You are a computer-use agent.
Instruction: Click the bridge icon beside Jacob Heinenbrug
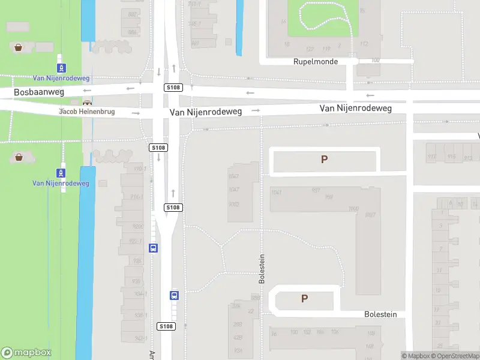[x=88, y=103]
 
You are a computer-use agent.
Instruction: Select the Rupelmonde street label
[x=316, y=62]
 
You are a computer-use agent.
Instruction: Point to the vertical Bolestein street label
[x=262, y=268]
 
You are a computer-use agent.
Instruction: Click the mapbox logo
[x=25, y=353]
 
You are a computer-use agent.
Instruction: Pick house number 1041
[x=276, y=192]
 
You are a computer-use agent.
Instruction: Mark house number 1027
[x=370, y=215]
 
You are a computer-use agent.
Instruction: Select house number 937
[x=316, y=191]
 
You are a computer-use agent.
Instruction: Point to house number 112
[x=364, y=44]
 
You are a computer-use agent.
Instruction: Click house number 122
[x=310, y=49]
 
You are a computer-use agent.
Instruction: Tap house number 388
[x=256, y=298]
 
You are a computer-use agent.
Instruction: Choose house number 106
[x=335, y=332]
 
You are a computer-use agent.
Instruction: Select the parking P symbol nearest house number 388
[x=304, y=298]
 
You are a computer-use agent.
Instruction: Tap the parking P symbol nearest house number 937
[x=325, y=160]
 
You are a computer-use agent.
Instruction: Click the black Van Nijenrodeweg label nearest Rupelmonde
[x=355, y=109]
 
